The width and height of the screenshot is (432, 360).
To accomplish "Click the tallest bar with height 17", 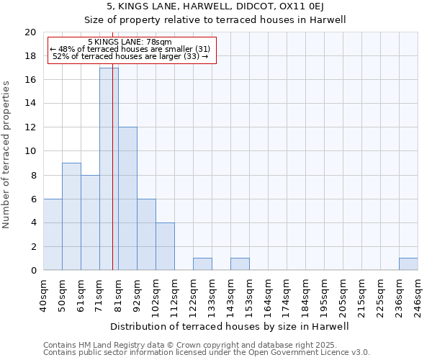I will point(109,169).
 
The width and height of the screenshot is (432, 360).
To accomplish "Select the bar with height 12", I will point(127,199).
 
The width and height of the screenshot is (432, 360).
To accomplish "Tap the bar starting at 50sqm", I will point(71,216).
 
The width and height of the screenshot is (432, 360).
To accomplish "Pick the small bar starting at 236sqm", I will point(408,264).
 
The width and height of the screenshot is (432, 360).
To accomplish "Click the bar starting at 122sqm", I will point(202,264).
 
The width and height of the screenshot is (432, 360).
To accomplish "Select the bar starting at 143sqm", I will point(240,264).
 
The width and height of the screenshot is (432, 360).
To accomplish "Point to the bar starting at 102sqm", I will point(165,246).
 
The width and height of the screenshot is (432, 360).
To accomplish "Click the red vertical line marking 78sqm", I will point(113,180).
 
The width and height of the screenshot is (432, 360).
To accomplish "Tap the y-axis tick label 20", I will point(30,32).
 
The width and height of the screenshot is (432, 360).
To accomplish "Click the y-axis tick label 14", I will point(30,104).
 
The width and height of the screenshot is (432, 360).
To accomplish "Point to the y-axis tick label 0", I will point(32,270).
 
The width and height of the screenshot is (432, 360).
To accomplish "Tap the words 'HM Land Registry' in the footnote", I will point(109,345).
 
